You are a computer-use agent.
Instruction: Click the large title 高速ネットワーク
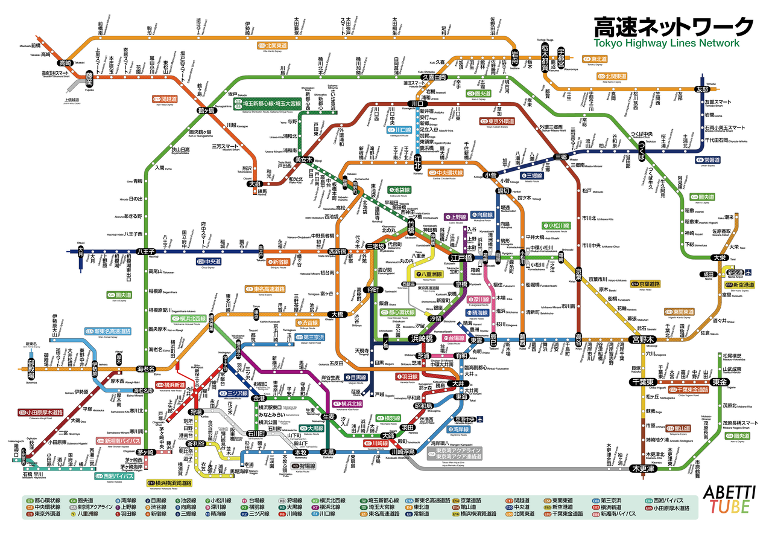tap(673, 27)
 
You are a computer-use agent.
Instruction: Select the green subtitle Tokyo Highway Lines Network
tap(666, 43)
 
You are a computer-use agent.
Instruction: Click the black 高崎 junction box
tap(65, 63)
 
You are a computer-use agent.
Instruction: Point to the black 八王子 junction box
tap(146, 251)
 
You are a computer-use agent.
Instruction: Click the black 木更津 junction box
tap(644, 468)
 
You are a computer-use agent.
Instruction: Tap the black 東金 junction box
tap(719, 382)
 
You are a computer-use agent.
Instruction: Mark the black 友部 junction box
tap(701, 89)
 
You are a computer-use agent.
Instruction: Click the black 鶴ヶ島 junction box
tap(206, 112)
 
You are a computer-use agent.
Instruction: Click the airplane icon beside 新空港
tap(748, 272)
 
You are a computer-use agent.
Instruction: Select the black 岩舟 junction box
tap(514, 53)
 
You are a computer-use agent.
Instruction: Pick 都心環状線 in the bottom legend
tap(47, 501)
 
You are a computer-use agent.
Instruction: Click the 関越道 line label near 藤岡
tap(164, 98)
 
